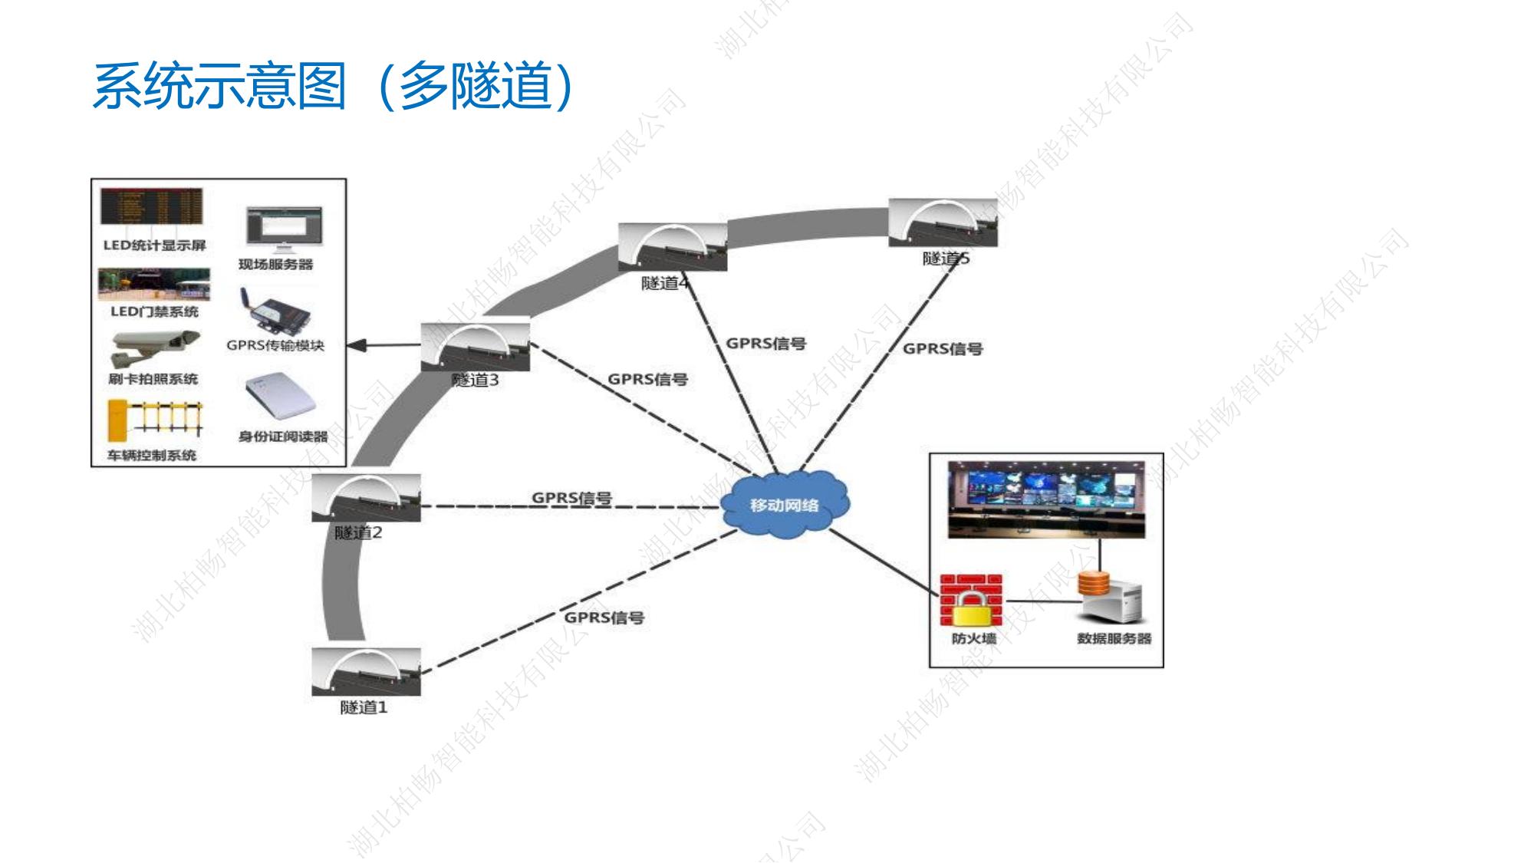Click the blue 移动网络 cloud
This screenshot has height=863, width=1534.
pos(785,505)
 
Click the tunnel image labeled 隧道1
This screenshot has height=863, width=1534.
pos(366,671)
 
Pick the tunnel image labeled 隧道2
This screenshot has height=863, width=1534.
pos(366,498)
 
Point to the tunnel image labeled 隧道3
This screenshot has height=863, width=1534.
pos(476,347)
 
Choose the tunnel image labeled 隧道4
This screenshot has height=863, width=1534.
pos(673,247)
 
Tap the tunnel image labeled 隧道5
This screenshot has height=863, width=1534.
pos(943,222)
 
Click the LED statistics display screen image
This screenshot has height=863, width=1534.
pos(152,206)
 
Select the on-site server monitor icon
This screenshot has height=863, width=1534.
pos(284,228)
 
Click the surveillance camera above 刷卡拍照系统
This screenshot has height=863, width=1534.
pos(154,348)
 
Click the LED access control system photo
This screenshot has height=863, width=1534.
pos(154,285)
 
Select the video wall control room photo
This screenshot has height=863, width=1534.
pos(1046,499)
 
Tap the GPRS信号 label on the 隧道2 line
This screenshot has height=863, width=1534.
pos(572,497)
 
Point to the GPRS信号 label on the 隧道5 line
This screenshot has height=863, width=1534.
pos(942,348)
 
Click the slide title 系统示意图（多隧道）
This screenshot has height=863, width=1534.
pos(333,85)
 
